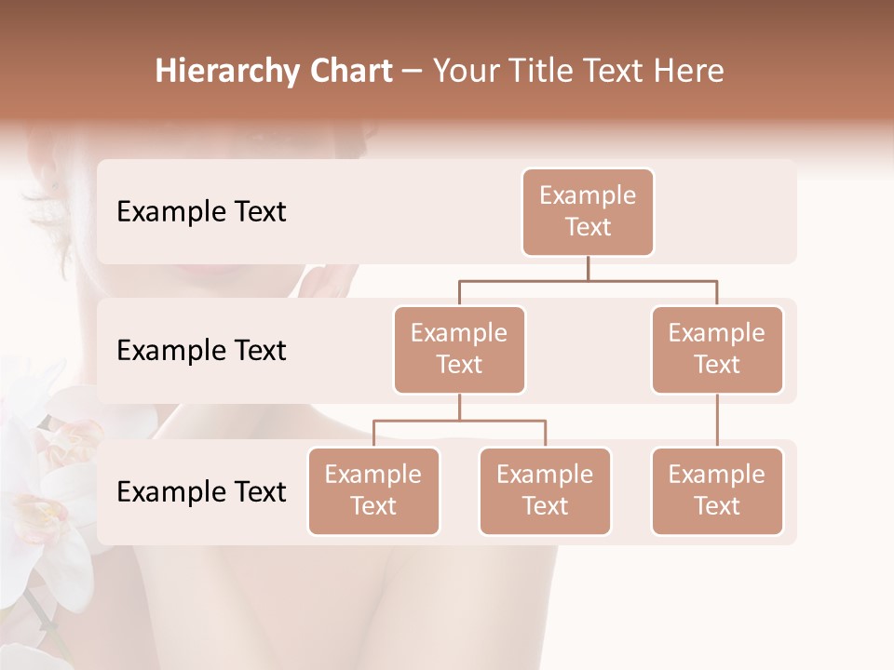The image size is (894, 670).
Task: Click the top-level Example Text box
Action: pos(588,212)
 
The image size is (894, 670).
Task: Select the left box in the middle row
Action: pos(459,350)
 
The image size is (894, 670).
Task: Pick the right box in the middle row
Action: pos(717,350)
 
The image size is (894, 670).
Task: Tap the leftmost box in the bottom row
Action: pos(373,491)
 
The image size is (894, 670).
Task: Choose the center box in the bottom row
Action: pos(545,491)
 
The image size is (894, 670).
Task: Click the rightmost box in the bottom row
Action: pos(717,491)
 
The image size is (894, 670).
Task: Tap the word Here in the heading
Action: pos(688,71)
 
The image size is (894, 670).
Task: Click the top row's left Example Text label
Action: pos(201,212)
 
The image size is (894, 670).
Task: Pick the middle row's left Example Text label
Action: pos(201,351)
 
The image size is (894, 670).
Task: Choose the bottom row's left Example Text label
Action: pos(201,492)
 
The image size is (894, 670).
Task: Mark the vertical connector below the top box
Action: pos(588,268)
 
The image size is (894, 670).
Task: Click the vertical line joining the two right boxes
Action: pos(717,421)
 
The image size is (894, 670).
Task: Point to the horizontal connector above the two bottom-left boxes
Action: pos(459,421)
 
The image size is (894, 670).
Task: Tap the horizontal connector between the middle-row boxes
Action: pos(588,280)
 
